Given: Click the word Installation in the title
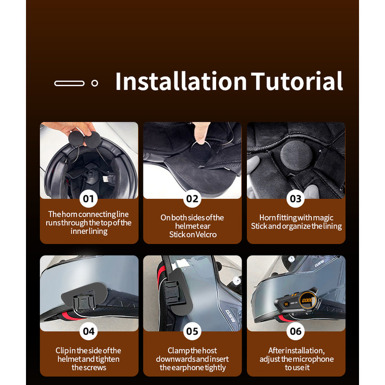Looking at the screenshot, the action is [x=181, y=81].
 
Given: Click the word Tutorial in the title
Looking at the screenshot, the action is [x=296, y=81].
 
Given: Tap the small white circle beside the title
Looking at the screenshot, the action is [x=95, y=83].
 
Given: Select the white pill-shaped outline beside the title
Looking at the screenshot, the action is [x=69, y=83].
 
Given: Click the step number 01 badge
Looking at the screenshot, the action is [x=89, y=199].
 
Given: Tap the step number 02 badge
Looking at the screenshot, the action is [x=192, y=199].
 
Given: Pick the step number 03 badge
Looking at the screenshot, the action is [x=295, y=199].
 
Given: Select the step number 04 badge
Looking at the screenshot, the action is [x=89, y=331].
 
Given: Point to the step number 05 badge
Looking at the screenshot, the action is [x=192, y=331].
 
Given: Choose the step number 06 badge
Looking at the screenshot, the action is [x=295, y=331].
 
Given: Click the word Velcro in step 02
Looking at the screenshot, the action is [x=206, y=234].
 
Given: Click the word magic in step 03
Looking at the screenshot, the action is [x=323, y=218].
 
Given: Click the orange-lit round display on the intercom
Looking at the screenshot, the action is [x=308, y=300].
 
